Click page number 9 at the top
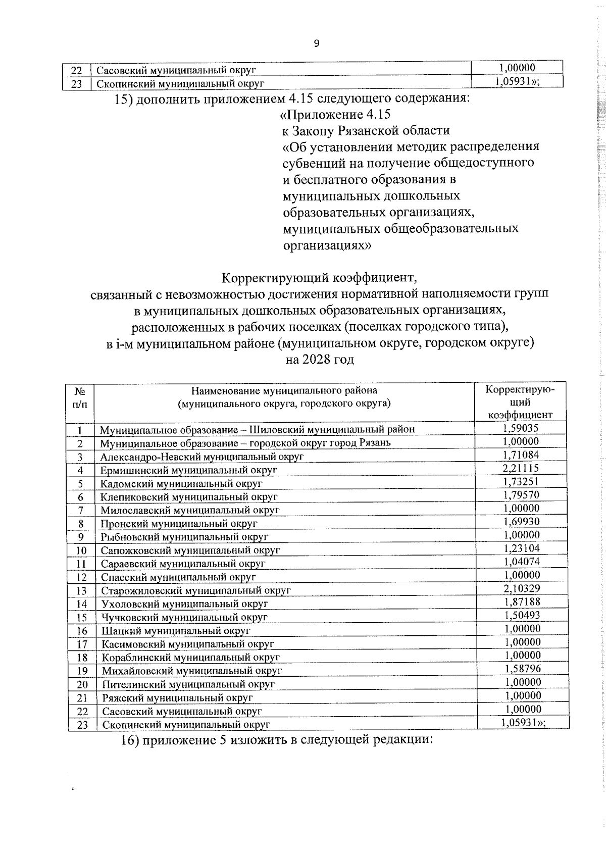317,43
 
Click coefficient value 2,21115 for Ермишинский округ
521,468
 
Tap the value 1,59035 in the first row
521,428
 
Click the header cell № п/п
80,397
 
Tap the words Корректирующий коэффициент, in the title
319,278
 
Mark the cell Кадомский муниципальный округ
182,484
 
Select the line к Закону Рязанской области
366,131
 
